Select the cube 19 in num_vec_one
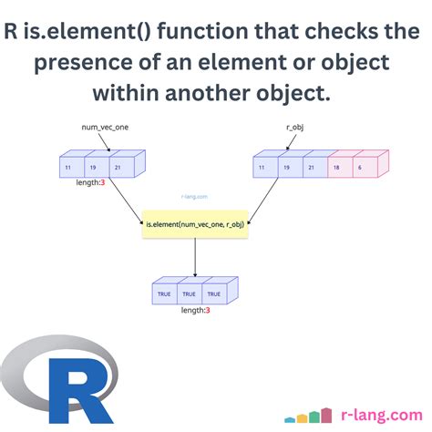(x=92, y=169)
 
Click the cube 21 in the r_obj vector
(x=311, y=169)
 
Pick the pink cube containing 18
(x=335, y=169)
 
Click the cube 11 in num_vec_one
(x=68, y=169)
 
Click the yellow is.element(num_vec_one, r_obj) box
(x=194, y=223)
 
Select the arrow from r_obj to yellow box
(x=271, y=202)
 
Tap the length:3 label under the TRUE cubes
(x=194, y=311)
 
